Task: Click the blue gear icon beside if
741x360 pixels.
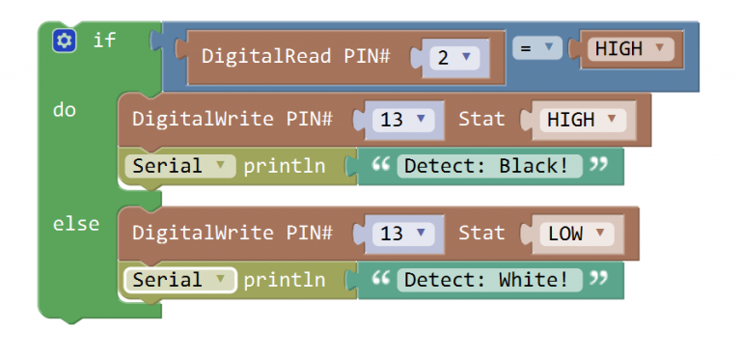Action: tap(65, 41)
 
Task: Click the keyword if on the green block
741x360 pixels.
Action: tap(104, 41)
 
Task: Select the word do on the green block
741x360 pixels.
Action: tap(65, 110)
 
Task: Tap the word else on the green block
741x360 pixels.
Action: tap(76, 224)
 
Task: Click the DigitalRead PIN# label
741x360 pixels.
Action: tap(295, 57)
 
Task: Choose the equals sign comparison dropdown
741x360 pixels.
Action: tap(536, 47)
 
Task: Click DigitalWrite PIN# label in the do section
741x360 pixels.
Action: tap(232, 120)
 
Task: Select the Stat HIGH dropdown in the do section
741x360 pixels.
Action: tap(579, 121)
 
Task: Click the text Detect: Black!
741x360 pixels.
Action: tap(487, 166)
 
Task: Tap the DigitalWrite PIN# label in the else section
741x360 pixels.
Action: tap(232, 233)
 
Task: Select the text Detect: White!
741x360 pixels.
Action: tap(487, 280)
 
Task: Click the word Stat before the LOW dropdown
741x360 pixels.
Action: tap(481, 233)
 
